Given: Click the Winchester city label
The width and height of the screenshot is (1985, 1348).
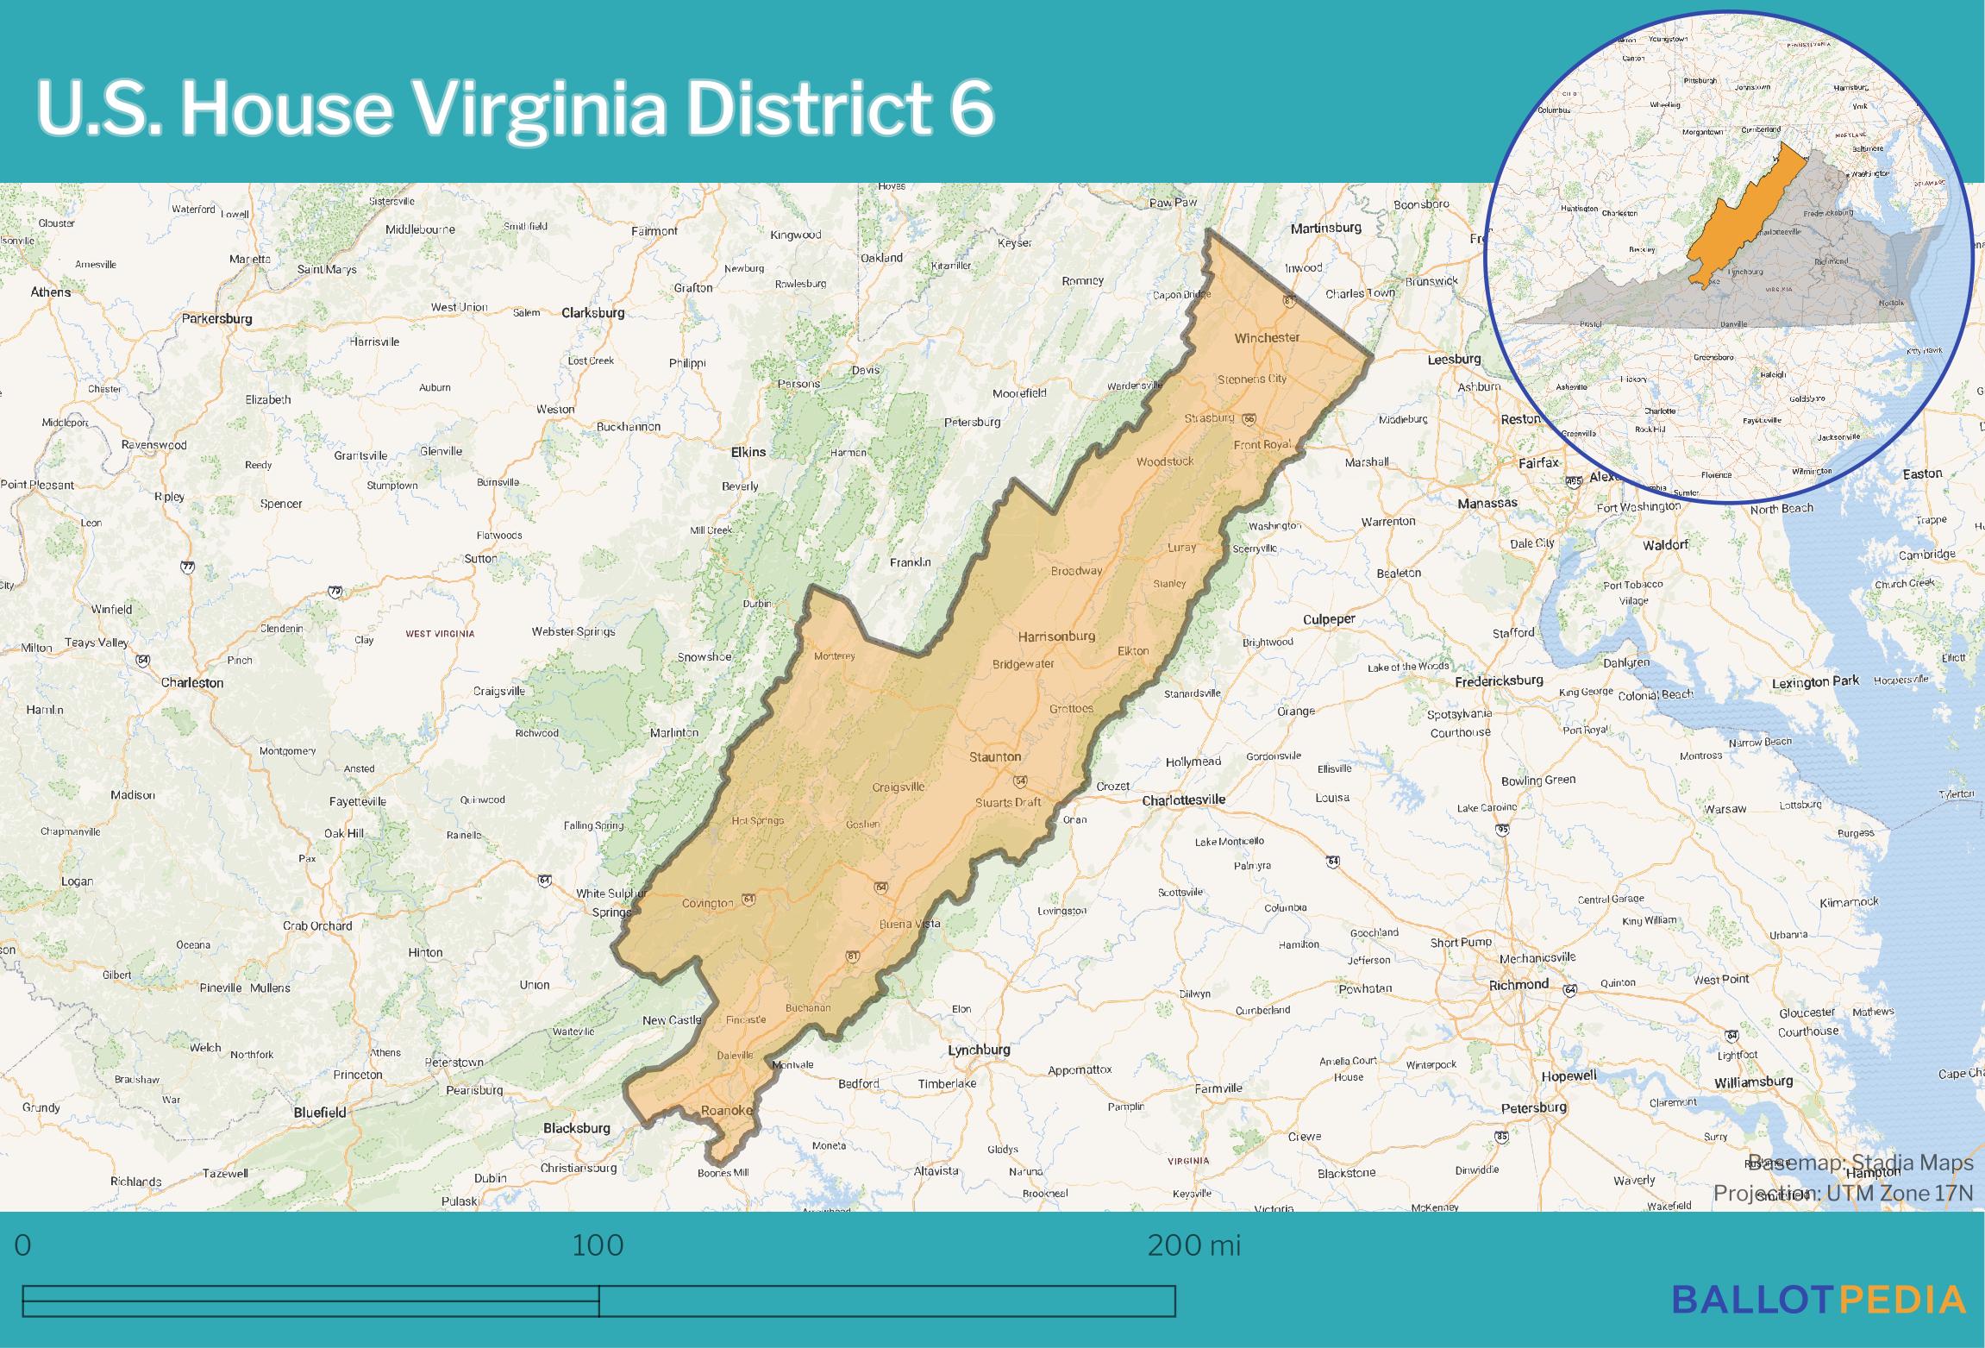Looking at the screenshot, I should click(1266, 337).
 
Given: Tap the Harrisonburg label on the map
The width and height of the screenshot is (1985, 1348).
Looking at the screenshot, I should click(1056, 636).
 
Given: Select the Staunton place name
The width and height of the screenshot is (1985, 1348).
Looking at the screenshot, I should click(994, 756).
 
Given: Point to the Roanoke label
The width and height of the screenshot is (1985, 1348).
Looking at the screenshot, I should click(726, 1110).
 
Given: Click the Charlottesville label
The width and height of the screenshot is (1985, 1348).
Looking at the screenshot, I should click(1183, 799).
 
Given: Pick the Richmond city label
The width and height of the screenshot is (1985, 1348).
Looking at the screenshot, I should click(1518, 984).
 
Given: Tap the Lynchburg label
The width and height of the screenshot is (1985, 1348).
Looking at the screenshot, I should click(979, 1050).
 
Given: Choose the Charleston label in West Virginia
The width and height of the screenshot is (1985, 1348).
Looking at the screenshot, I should click(191, 682).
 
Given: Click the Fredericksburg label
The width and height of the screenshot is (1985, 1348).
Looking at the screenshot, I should click(1499, 680).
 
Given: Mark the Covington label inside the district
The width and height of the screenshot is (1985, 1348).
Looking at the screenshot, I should click(707, 903).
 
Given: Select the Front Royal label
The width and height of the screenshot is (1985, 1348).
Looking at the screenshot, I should click(1262, 444).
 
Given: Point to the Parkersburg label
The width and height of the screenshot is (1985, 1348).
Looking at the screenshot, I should click(216, 318).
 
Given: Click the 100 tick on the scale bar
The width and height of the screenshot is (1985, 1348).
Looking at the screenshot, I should click(598, 1246).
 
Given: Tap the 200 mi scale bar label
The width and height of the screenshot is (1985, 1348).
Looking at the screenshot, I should click(1193, 1246).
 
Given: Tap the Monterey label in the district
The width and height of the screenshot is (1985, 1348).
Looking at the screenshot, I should click(834, 656).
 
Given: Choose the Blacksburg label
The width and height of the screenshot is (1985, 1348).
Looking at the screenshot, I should click(576, 1128).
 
